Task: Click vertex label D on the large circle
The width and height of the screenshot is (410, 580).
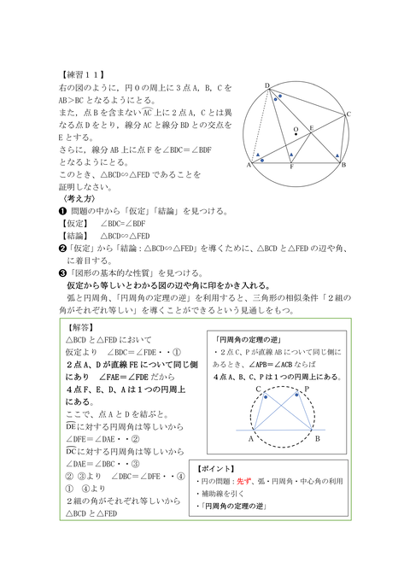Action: point(266,85)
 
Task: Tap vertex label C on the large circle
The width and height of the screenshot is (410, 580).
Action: point(348,114)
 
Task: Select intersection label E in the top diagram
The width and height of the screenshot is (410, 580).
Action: point(312,127)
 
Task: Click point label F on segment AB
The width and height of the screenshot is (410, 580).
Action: point(292,167)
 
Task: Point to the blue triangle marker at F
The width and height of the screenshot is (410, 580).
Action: point(291,155)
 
